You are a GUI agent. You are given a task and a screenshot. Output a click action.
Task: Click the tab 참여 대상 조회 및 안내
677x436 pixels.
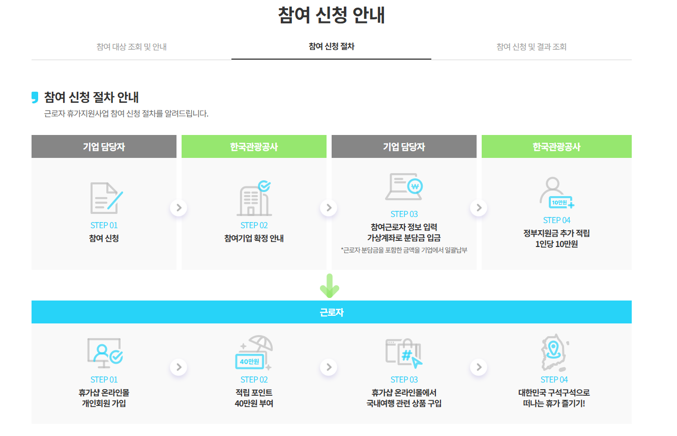point(131,47)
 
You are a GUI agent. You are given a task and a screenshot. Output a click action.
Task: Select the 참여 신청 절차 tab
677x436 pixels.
point(331,46)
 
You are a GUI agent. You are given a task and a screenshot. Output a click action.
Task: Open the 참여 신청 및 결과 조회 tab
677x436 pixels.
point(531,47)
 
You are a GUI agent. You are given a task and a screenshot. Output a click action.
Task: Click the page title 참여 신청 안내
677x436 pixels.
point(331,15)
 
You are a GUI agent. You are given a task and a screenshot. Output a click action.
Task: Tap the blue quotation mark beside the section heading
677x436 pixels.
point(35,97)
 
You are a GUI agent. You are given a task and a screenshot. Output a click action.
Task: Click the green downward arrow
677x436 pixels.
point(329,286)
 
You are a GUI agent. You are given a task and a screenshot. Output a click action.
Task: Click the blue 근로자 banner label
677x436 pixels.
point(331,312)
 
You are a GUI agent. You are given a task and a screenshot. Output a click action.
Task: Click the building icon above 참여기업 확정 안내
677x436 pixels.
point(254,198)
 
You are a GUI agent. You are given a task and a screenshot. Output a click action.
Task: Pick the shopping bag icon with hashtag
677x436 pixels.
point(404,352)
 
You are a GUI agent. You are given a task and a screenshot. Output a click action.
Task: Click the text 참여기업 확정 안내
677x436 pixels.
point(254,238)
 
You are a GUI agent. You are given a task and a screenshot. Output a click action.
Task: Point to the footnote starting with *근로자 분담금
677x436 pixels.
point(404,250)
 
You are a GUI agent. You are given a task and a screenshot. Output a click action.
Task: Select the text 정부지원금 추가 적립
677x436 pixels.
point(556,233)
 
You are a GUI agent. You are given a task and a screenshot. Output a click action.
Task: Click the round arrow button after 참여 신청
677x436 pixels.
point(179,208)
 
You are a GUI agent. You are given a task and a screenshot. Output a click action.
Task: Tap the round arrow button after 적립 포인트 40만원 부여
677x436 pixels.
point(329,367)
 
